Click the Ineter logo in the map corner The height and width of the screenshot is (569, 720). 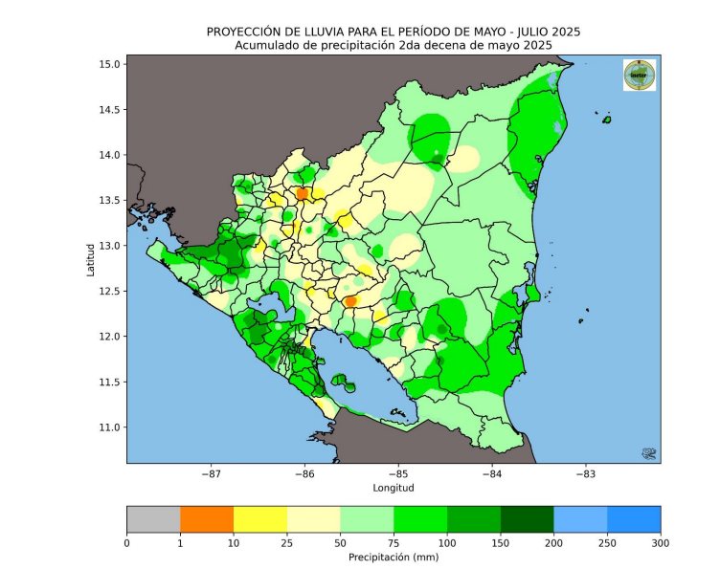pos(639,75)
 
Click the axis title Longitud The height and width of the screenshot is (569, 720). pos(393,487)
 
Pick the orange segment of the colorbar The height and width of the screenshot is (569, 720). pos(207,517)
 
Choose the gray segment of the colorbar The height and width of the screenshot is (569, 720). pos(153,517)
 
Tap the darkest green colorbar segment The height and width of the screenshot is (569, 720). pos(527,517)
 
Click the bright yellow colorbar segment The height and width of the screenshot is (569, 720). pos(260,517)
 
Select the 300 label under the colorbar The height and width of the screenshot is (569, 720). pos(660,542)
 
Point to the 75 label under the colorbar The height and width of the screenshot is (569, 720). pos(393,542)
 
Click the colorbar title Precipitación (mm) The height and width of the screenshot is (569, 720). pos(393,556)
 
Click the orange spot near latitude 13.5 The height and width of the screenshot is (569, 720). pos(303,193)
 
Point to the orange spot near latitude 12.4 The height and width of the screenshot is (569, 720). pos(350,301)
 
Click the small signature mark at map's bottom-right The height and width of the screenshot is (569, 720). pos(647,452)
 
